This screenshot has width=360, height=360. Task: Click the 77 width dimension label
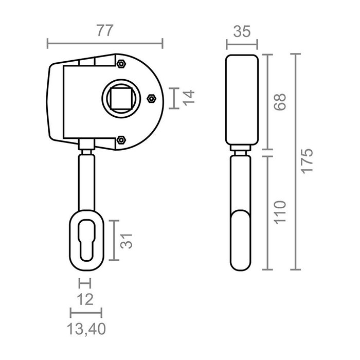click(x=104, y=30)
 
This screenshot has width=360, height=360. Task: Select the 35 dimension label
click(x=241, y=31)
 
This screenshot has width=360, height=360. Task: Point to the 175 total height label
click(x=307, y=161)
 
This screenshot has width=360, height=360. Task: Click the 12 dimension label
click(x=84, y=299)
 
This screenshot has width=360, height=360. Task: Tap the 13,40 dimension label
click(x=86, y=328)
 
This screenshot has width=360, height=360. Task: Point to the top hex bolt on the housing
click(x=121, y=64)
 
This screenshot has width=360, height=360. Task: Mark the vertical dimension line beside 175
click(x=295, y=161)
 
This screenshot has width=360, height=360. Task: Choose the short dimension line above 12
click(x=84, y=283)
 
